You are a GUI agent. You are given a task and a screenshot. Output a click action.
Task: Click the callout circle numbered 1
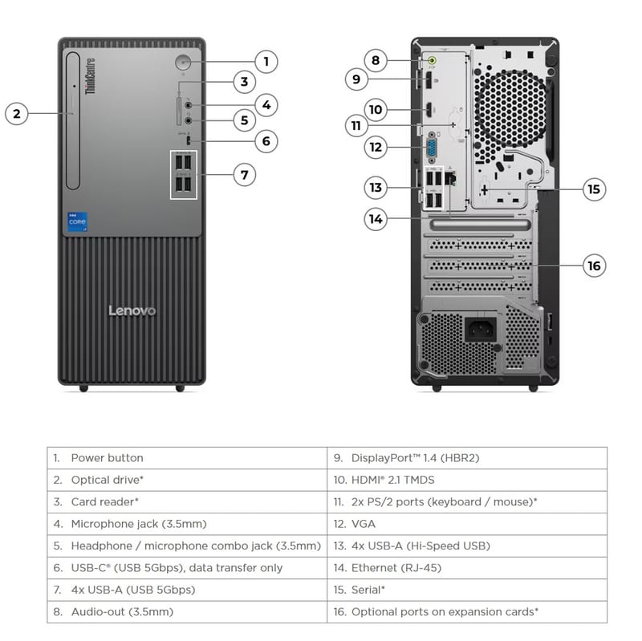click(x=266, y=61)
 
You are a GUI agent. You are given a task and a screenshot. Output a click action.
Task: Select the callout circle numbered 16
click(x=594, y=266)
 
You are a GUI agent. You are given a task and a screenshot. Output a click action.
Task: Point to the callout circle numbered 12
click(x=375, y=148)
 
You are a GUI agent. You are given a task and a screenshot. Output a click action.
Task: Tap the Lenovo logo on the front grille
click(x=132, y=310)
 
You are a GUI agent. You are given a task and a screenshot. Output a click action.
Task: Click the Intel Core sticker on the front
click(x=77, y=222)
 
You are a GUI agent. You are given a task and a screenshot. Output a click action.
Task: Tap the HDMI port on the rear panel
click(x=429, y=109)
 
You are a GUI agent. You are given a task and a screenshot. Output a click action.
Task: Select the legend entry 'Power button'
click(x=107, y=458)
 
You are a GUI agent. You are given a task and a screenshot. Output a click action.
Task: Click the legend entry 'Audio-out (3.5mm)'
click(x=121, y=612)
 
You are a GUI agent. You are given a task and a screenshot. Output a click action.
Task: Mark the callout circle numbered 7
click(x=245, y=174)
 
